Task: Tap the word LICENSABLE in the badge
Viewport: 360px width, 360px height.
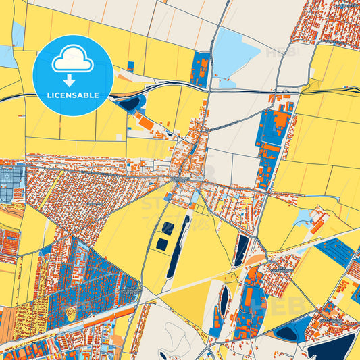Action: pos(72,95)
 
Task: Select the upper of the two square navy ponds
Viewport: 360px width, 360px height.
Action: pos(168,227)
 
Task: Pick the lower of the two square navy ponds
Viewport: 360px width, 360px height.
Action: pos(162,243)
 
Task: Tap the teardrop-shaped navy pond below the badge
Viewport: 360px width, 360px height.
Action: pos(132,103)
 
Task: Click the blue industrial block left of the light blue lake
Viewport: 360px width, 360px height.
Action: pos(201,70)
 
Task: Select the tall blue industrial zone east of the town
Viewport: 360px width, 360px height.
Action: pos(271,138)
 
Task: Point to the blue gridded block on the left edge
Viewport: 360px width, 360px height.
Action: pos(11,183)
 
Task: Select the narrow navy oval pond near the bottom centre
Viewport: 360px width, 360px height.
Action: pos(224,301)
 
